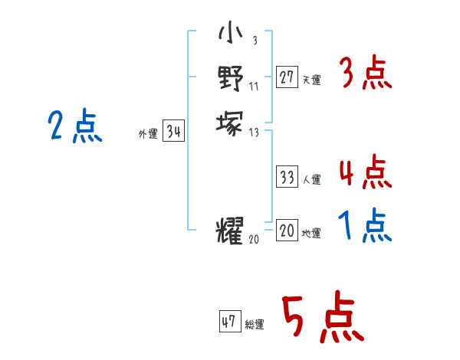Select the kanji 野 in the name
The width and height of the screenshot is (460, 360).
point(230,77)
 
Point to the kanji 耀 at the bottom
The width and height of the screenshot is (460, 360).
point(230,230)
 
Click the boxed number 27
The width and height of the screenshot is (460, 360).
point(287,77)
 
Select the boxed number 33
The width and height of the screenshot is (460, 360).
point(287,178)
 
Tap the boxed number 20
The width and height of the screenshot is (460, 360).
point(287,231)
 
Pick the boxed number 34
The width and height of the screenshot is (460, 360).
point(174,133)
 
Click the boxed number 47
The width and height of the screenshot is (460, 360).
point(229,322)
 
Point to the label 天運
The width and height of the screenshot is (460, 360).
point(312,80)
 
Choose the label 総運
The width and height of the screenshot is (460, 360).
point(255,325)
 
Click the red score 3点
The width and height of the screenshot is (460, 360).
point(366,74)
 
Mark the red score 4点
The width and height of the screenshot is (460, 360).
point(366,172)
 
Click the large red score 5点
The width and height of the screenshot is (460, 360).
point(323,317)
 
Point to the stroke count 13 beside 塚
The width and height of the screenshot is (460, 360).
point(255,132)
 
